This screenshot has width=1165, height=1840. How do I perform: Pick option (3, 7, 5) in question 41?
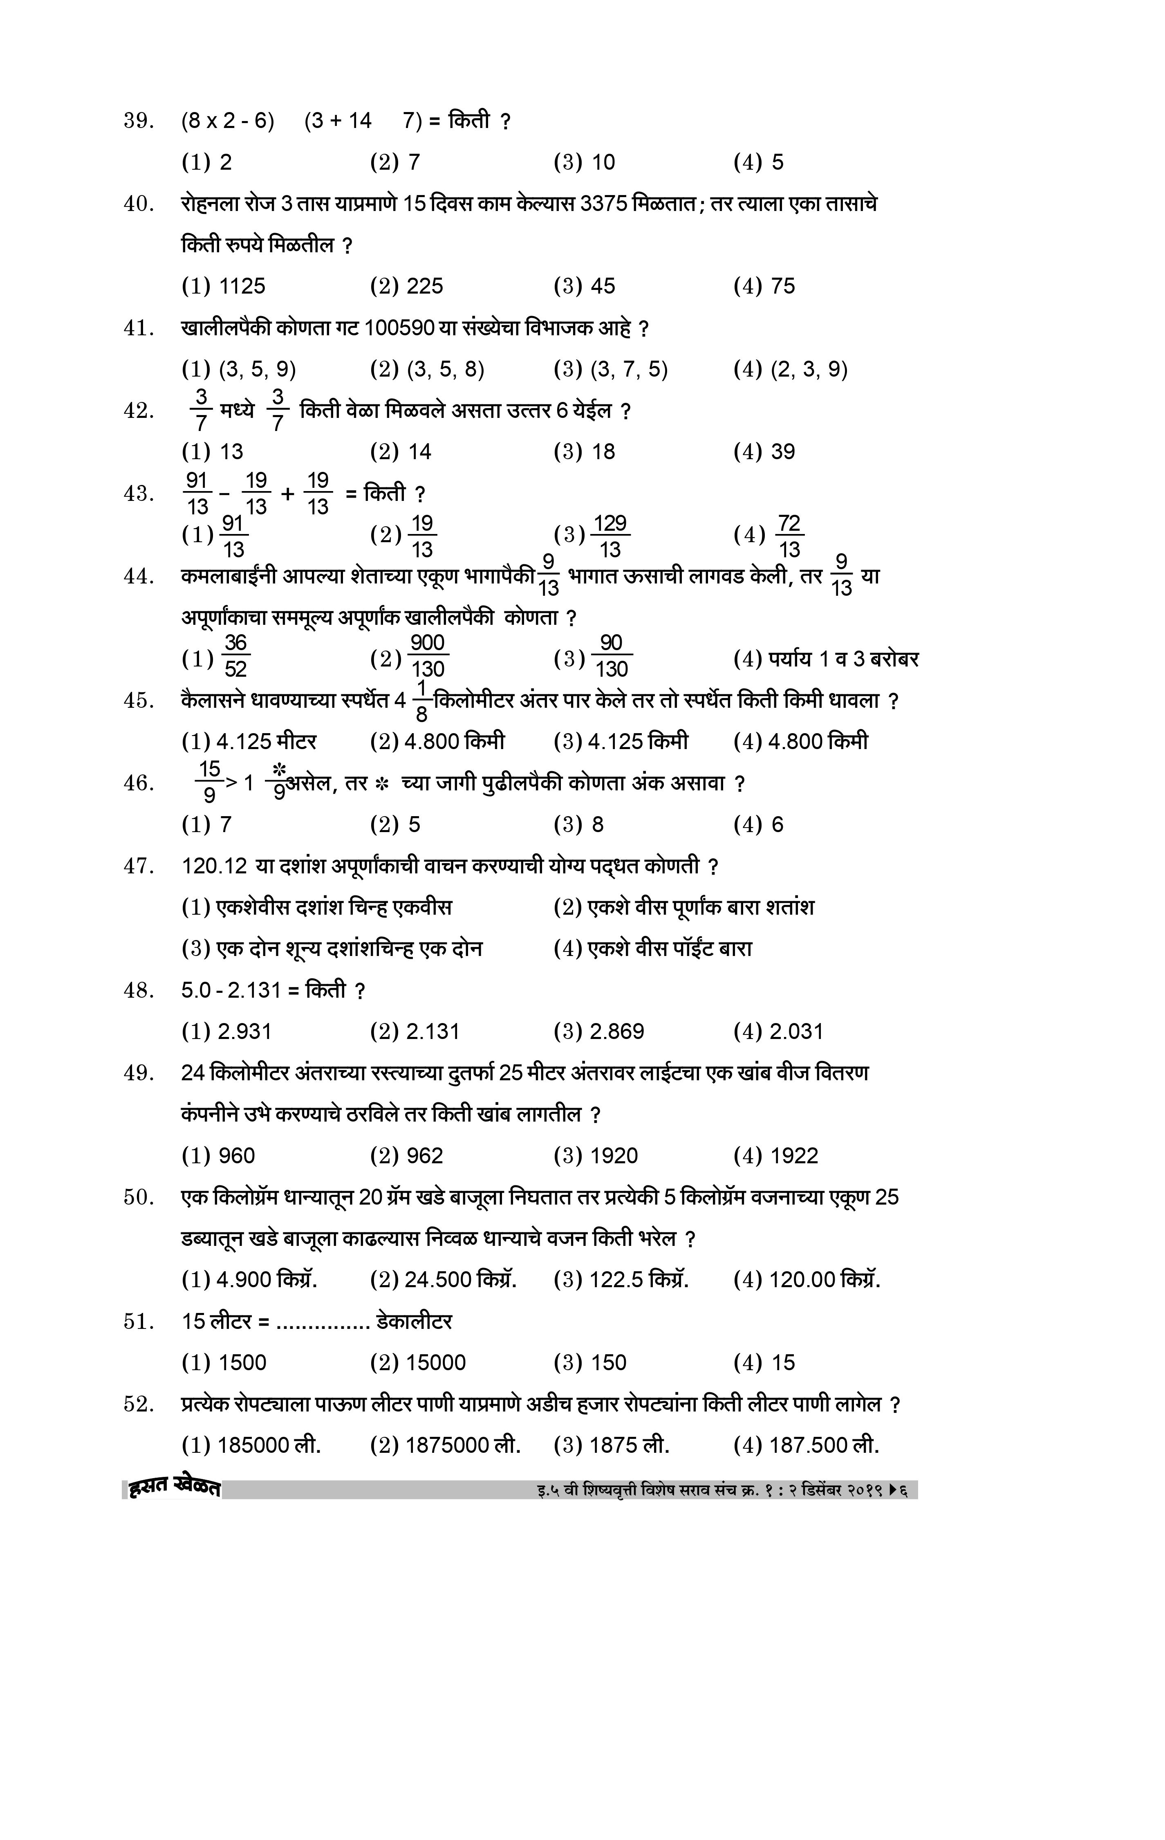(611, 370)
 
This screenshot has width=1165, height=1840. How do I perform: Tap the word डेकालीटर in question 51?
(414, 1321)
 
